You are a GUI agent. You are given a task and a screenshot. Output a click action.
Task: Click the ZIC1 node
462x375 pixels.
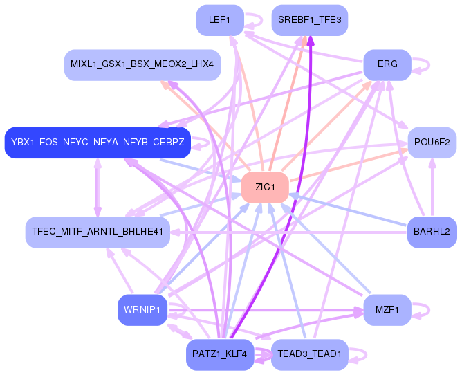[265, 187]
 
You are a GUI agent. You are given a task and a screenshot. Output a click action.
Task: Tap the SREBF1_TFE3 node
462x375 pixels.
[309, 20]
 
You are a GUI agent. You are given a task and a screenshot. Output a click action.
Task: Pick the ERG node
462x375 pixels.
[387, 64]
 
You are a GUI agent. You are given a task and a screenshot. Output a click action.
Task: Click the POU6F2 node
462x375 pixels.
[432, 143]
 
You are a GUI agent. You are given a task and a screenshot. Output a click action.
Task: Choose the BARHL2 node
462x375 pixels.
[432, 232]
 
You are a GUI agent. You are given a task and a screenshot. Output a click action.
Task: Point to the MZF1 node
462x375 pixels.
[387, 310]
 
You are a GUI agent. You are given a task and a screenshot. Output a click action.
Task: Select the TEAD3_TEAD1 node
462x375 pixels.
[309, 354]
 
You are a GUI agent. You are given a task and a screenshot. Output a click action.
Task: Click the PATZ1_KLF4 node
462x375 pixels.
[220, 354]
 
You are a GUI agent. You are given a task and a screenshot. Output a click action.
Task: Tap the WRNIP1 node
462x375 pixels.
[142, 310]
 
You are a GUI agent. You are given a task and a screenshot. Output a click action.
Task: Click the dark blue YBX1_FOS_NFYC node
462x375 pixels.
[98, 143]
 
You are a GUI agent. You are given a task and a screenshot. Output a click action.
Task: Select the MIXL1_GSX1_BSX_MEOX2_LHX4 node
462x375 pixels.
[142, 64]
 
